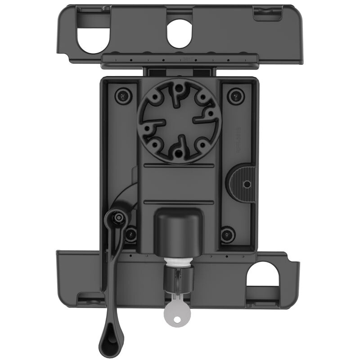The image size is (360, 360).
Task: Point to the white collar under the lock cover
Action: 179,261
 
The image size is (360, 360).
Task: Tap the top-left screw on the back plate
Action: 122,95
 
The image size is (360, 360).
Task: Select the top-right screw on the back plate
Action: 234,95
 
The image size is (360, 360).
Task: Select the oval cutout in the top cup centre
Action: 179,34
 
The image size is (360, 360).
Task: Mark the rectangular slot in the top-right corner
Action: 265,15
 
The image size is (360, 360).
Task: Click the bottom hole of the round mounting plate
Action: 179,153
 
